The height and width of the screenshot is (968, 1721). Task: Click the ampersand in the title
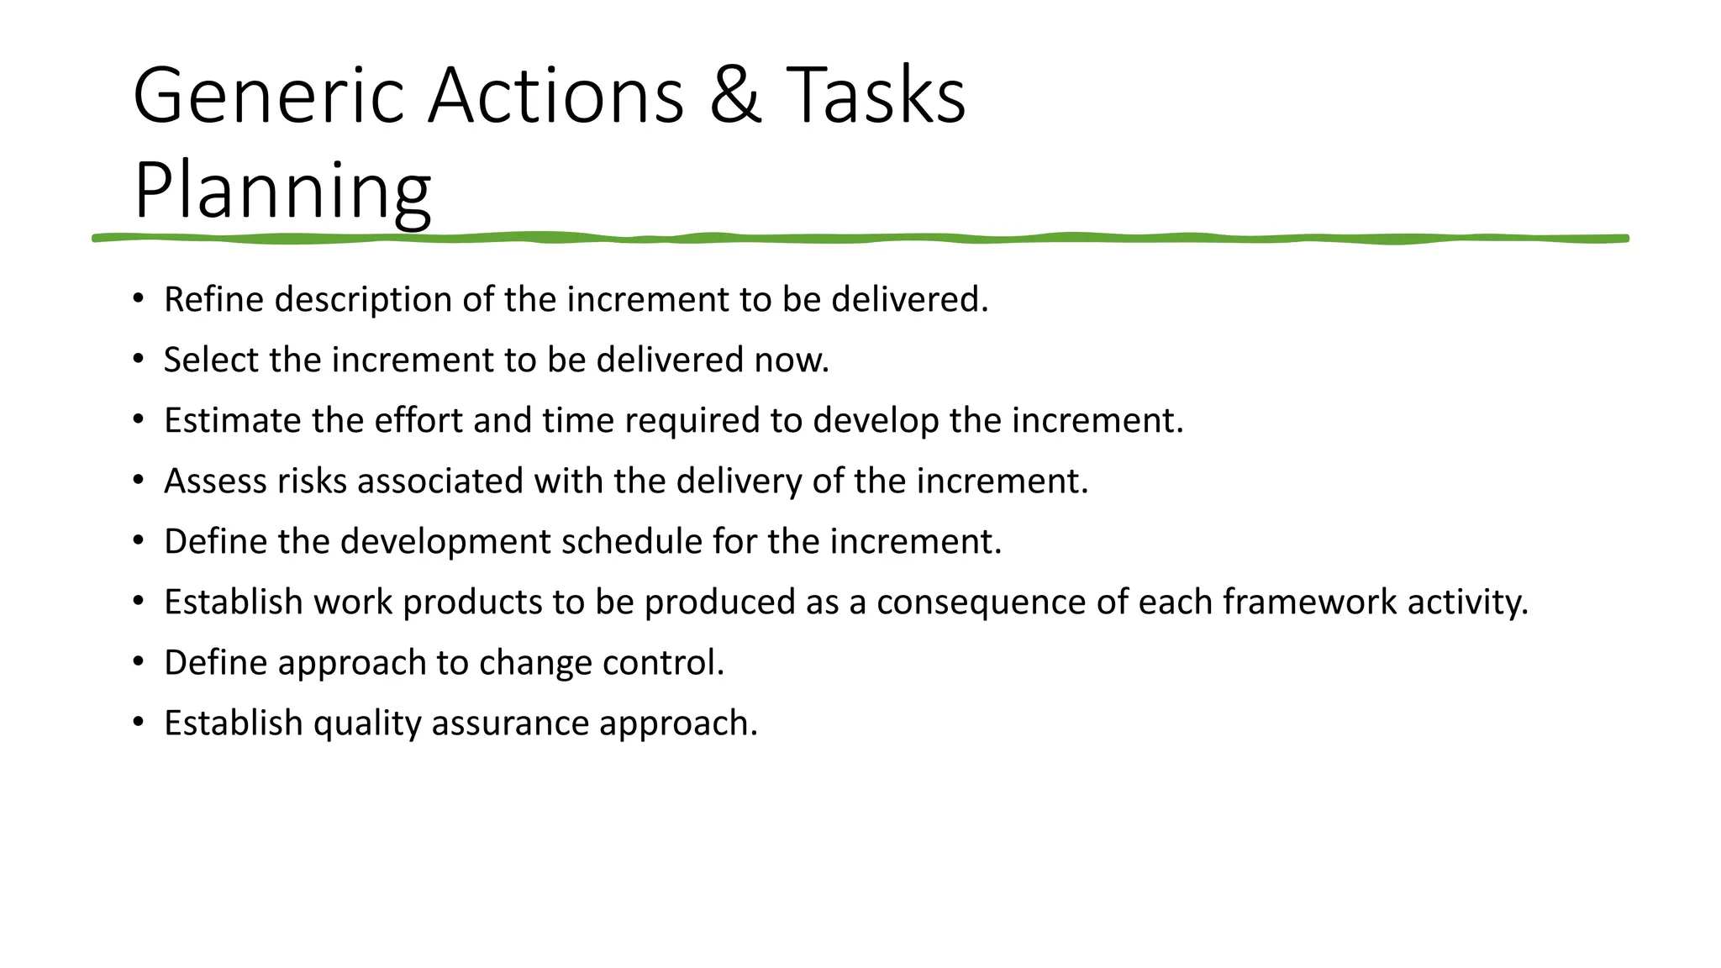point(735,96)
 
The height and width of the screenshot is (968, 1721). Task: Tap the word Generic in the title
point(269,96)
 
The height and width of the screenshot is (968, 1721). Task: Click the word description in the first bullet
point(363,300)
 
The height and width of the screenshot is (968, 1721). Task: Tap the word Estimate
point(233,420)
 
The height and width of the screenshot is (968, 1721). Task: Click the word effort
point(418,420)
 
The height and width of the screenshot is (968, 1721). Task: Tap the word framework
point(1309,602)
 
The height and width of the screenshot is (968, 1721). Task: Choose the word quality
point(367,723)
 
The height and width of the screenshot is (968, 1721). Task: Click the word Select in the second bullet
point(212,360)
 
